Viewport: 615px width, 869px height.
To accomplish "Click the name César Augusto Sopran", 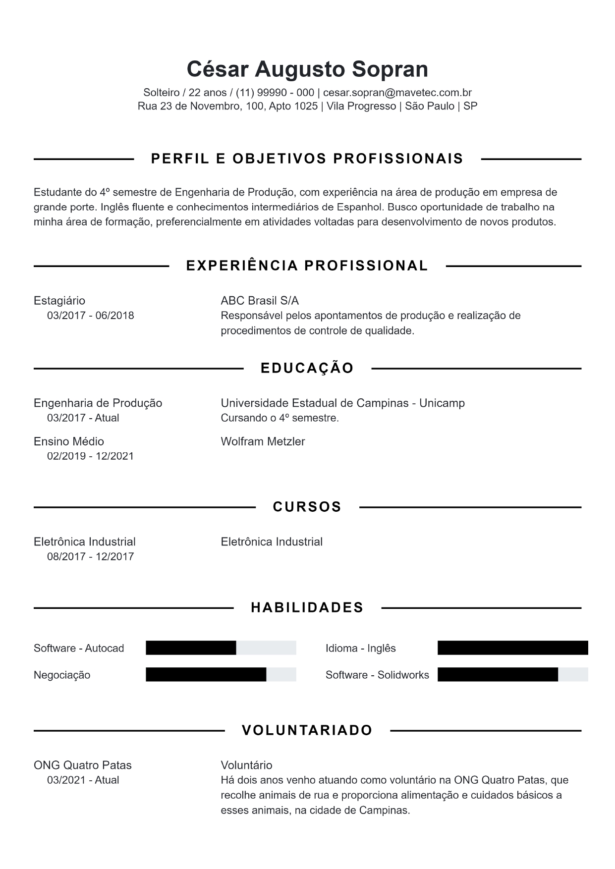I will (307, 69).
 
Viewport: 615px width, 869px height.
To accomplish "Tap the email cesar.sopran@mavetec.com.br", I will (397, 93).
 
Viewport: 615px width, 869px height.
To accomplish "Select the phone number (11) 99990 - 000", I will (275, 93).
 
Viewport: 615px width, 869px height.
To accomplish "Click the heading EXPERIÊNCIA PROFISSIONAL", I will (307, 266).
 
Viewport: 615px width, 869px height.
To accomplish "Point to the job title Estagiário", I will (59, 301).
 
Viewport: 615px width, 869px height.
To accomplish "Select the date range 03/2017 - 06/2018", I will (90, 316).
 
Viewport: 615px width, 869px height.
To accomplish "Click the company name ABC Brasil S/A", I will (260, 301).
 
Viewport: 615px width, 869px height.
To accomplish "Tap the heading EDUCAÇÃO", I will (307, 368).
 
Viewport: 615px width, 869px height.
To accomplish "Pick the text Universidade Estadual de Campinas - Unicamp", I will (342, 403).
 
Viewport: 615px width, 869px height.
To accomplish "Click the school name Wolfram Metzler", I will (263, 441).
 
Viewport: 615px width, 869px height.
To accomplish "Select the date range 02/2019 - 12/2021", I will (90, 456).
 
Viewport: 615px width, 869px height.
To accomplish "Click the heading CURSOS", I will (307, 507).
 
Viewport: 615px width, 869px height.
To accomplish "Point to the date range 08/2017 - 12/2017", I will (90, 556).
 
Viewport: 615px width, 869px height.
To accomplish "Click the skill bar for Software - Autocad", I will (221, 648).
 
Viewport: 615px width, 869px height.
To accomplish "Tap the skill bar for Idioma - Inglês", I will (512, 648).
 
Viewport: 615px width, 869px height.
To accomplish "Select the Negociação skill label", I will (62, 675).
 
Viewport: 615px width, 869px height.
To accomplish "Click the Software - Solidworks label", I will (377, 675).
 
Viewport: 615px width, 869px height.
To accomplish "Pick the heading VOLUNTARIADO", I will (307, 730).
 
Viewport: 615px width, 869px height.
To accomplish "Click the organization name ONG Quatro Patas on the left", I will (83, 765).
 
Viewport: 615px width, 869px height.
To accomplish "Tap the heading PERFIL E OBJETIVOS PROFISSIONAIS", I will (307, 159).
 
